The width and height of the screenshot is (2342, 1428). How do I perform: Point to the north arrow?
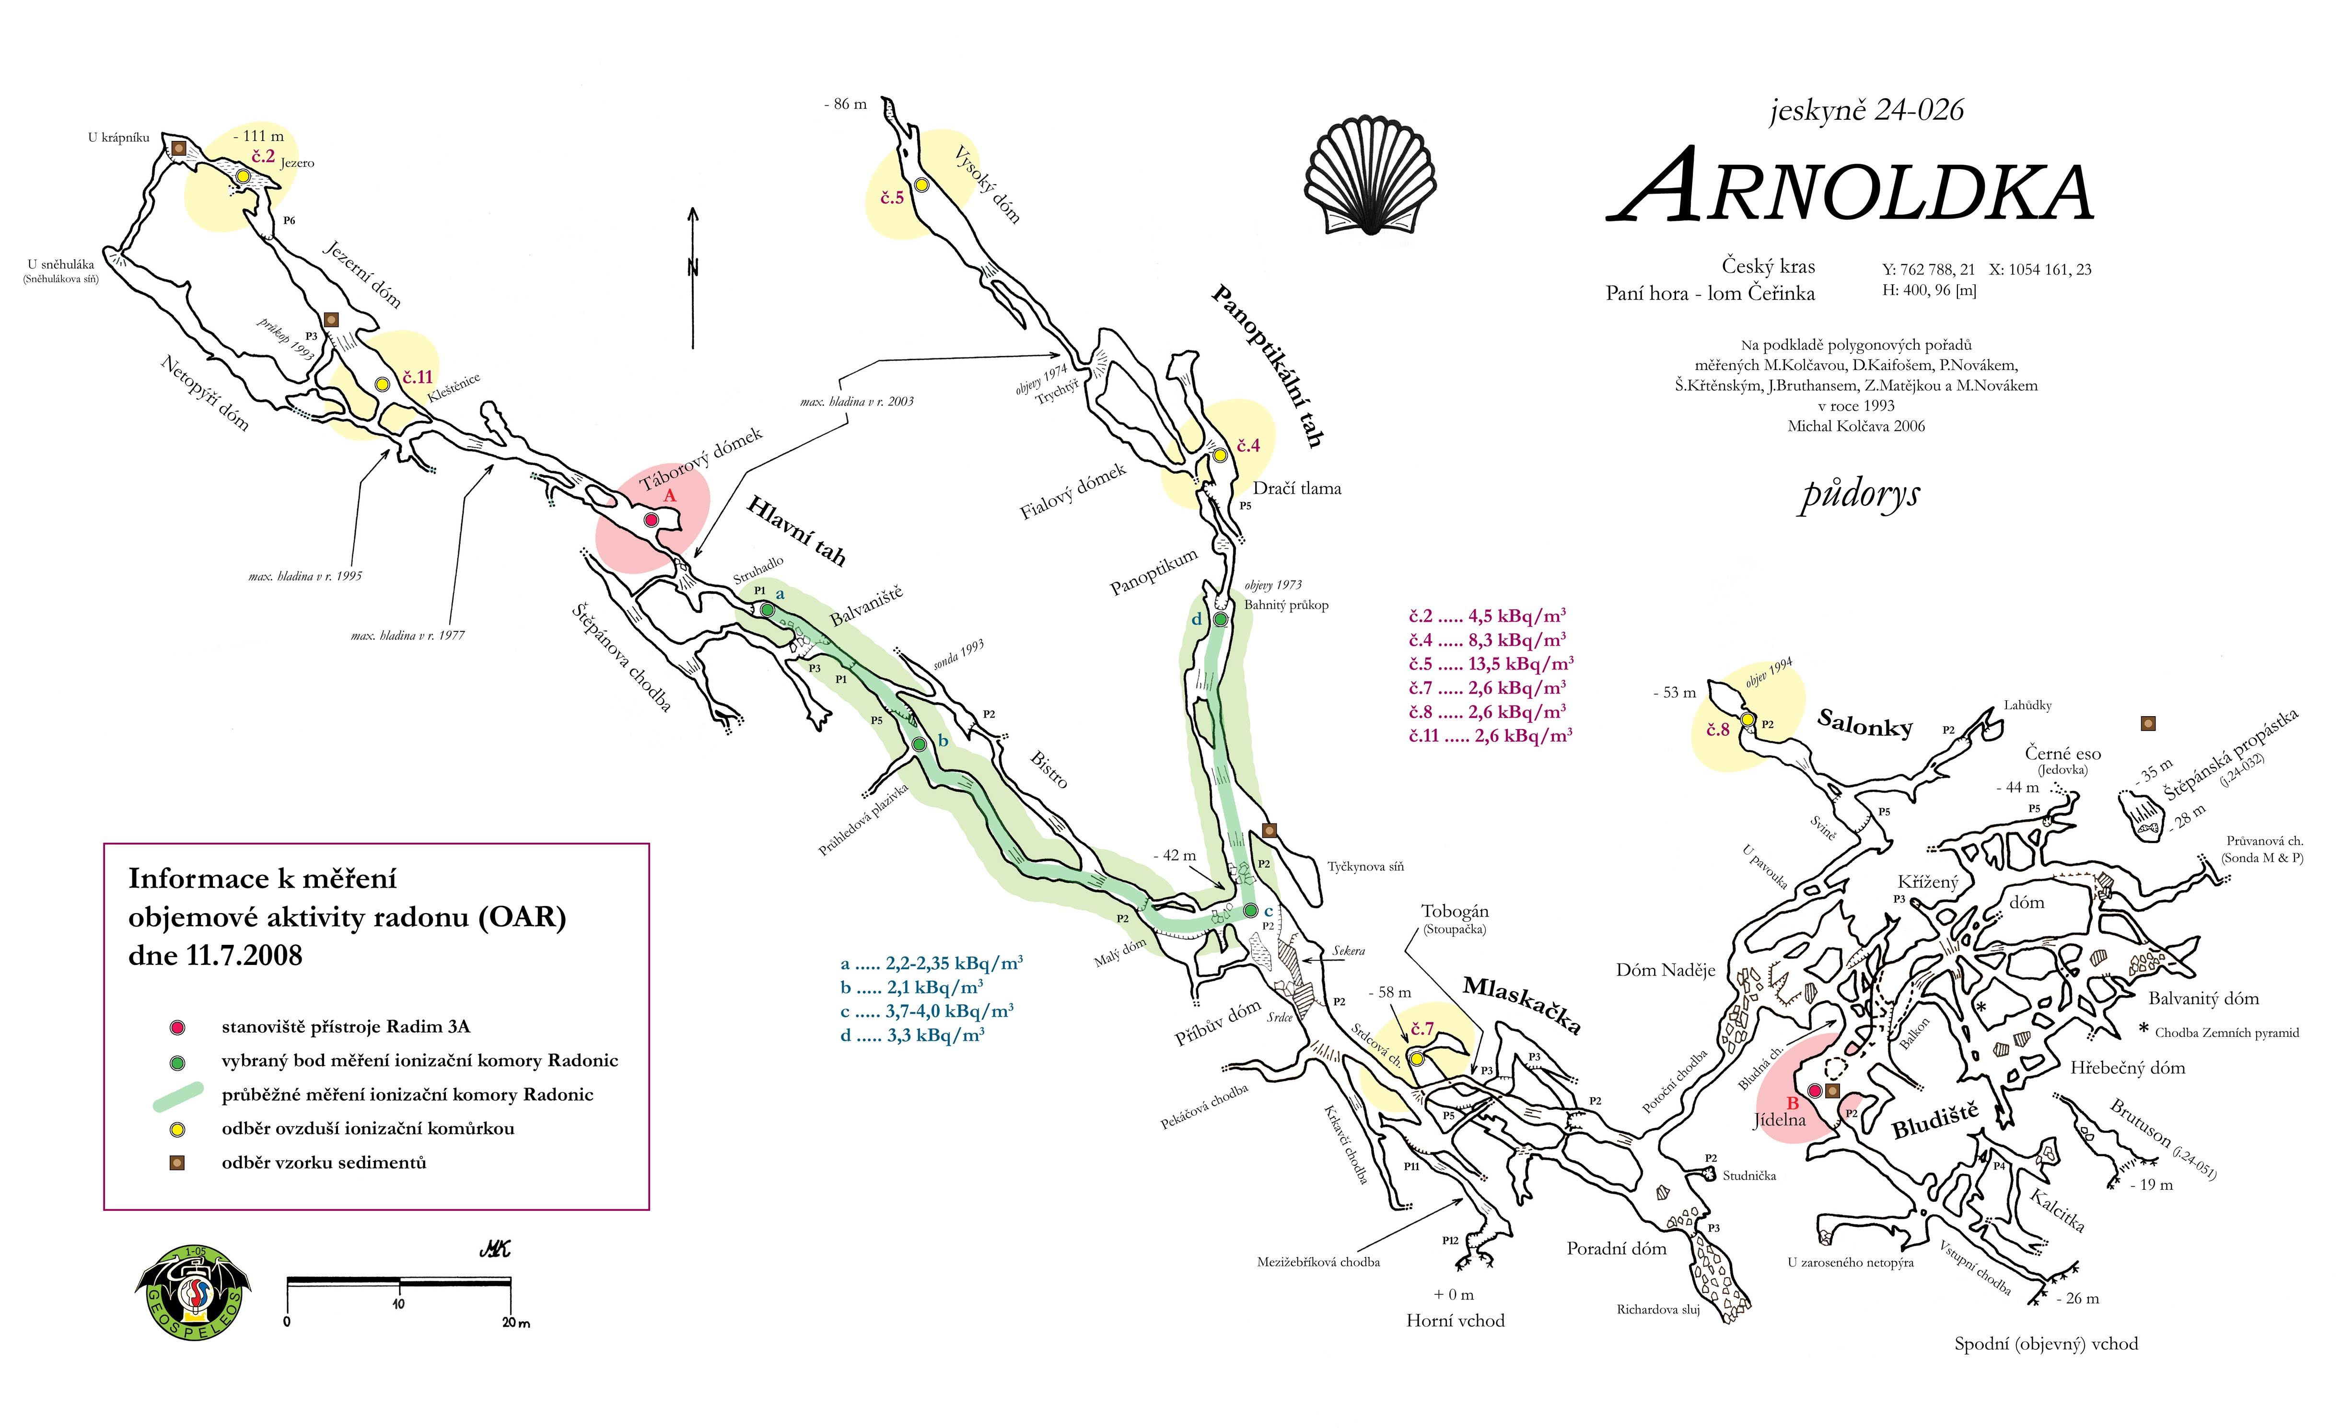pyautogui.click(x=694, y=278)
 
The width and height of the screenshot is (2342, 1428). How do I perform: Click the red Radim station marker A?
pyautogui.click(x=651, y=520)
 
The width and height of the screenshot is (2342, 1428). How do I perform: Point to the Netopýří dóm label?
pyautogui.click(x=204, y=394)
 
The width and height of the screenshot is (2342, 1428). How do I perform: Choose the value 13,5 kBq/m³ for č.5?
pyautogui.click(x=1521, y=664)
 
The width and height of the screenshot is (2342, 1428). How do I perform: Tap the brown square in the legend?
pyautogui.click(x=177, y=1163)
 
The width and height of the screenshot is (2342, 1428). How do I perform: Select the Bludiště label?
pyautogui.click(x=1935, y=1121)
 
